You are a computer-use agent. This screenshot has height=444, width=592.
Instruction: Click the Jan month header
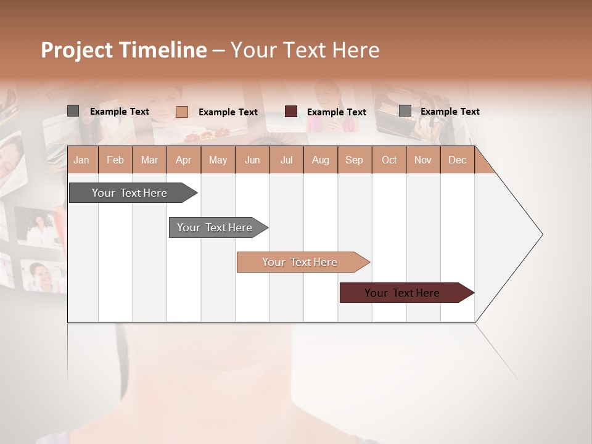tap(81, 160)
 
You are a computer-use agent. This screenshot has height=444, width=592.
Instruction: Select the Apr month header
tap(183, 160)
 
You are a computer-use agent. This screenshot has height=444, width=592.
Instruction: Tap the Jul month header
tap(286, 160)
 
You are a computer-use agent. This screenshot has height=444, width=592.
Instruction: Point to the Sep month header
tap(354, 160)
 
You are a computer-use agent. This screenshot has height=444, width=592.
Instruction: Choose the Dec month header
tap(457, 160)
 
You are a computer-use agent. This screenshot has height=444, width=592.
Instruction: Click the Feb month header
tap(115, 160)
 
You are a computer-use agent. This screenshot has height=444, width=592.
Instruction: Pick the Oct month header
tap(389, 160)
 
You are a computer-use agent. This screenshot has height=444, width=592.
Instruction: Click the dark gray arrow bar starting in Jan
tap(129, 193)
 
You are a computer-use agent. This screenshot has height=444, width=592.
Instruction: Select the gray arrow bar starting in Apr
tap(215, 228)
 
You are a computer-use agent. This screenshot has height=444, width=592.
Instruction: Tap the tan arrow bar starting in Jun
tap(300, 262)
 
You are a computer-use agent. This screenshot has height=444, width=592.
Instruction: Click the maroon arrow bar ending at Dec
tap(402, 293)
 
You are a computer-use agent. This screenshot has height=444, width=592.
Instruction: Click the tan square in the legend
tap(181, 112)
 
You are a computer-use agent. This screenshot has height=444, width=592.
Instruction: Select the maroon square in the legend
tap(291, 112)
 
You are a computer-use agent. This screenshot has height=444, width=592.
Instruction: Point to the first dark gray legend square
tap(73, 111)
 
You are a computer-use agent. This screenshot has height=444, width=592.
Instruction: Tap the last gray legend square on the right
tap(405, 111)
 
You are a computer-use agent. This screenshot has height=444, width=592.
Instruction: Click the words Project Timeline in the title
tap(123, 50)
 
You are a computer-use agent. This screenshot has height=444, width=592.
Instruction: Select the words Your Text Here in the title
tap(305, 50)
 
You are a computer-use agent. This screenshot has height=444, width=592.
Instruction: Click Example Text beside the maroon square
tap(337, 112)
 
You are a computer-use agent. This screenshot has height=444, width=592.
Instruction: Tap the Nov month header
tap(423, 160)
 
